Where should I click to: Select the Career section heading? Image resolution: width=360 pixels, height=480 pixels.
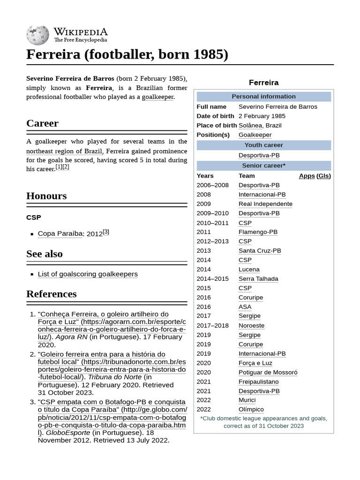tap(42, 123)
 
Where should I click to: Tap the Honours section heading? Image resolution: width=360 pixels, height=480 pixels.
tap(46, 196)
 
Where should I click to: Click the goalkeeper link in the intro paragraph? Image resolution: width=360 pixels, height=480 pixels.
tap(157, 97)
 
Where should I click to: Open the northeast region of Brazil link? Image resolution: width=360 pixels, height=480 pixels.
tap(64, 151)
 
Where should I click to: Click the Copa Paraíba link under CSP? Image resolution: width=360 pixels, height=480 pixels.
tap(60, 233)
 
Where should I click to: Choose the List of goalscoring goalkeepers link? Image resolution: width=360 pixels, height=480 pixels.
tap(88, 274)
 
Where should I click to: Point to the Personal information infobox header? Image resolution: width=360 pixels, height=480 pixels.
tap(263, 97)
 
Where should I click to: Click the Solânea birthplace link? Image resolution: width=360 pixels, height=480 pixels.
tap(251, 125)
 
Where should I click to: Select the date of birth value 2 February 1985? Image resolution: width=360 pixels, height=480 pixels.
tap(262, 116)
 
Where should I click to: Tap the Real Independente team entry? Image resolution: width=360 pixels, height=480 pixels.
tap(265, 204)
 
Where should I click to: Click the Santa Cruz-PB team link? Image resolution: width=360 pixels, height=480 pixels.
tap(260, 251)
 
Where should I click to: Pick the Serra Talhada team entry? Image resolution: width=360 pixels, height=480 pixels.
tap(258, 279)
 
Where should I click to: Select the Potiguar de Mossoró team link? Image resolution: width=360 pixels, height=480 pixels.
tap(268, 372)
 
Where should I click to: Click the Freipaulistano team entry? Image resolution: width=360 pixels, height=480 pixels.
tap(258, 382)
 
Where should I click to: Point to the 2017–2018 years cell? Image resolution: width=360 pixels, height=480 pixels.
tap(213, 325)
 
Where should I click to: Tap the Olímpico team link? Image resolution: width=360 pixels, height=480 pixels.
tap(251, 409)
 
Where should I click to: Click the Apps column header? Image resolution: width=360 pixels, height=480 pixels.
tap(307, 176)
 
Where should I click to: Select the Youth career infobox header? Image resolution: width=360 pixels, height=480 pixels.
tap(263, 145)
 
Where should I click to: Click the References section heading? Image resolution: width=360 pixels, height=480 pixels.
tap(51, 294)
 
